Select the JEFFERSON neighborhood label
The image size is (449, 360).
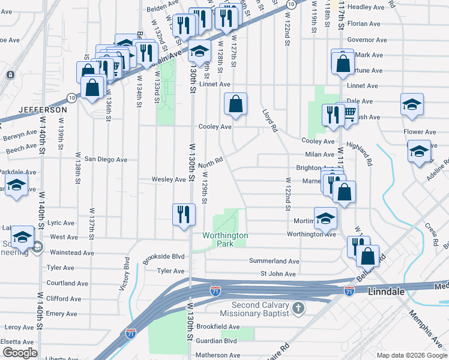point(42,110)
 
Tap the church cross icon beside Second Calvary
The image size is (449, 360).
point(298,308)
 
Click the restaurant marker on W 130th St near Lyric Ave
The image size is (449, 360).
point(184,214)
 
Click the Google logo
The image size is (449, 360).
point(20,353)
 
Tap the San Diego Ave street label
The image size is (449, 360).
point(106,160)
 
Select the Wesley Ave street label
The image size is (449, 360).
point(169,179)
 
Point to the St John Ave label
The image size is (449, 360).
point(278,274)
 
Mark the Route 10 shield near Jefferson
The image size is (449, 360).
point(71,97)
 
